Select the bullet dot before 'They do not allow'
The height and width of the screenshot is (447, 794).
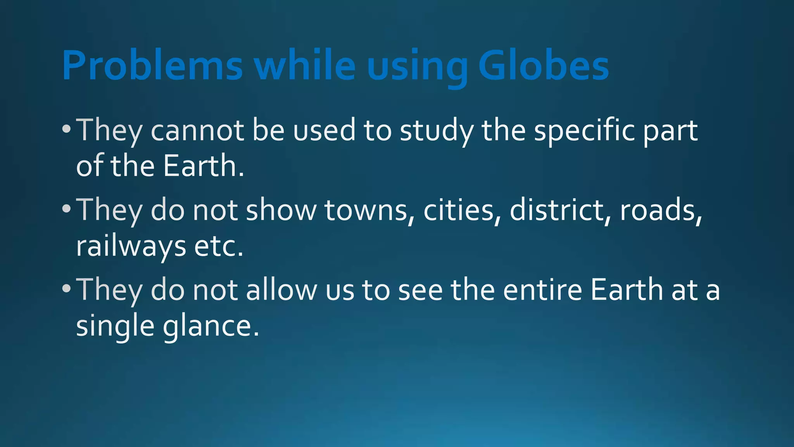point(66,289)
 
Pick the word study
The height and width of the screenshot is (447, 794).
point(437,131)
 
